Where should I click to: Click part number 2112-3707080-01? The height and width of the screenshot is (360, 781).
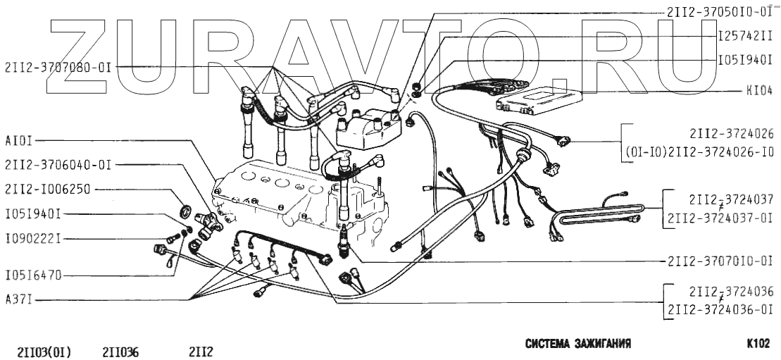58,68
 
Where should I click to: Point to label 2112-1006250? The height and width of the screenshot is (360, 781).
48,190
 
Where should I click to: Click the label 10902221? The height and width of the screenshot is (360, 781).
32,239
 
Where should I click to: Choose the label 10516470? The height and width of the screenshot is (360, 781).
32,275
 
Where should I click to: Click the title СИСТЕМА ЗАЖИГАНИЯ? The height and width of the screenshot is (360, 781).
577,345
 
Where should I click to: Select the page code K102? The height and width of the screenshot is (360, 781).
758,345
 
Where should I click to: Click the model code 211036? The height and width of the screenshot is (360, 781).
120,350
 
